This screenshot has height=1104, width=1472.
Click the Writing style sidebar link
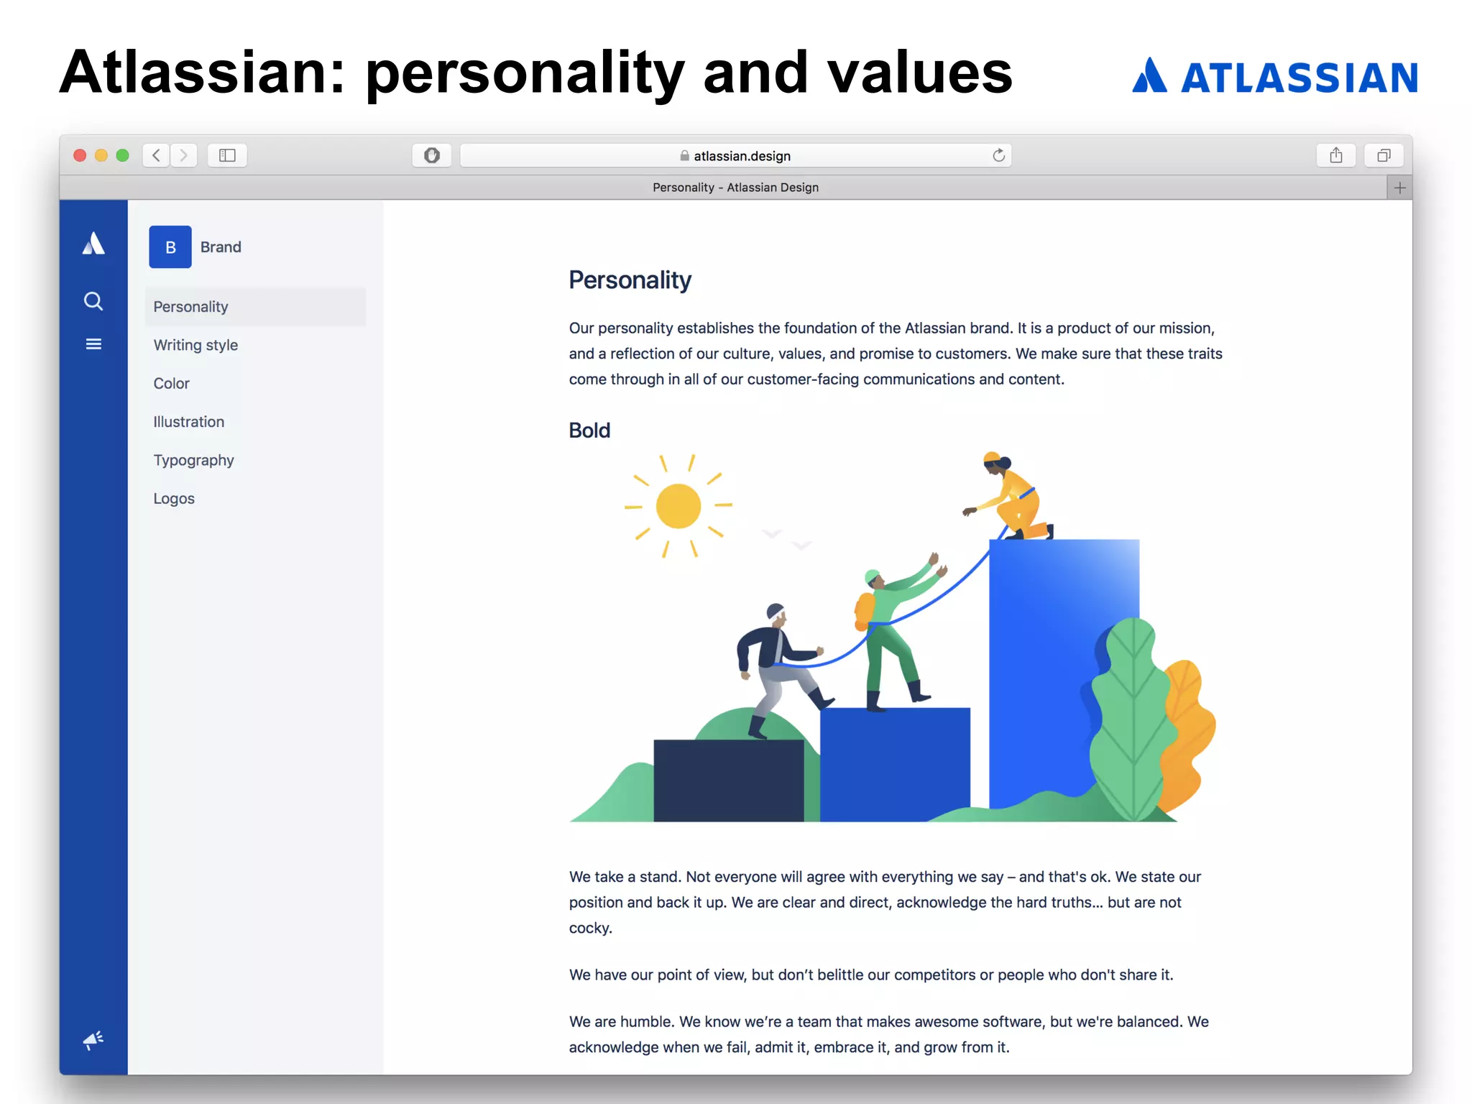[195, 345]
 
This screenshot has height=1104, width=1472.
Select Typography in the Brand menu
[193, 460]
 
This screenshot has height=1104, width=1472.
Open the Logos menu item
[174, 499]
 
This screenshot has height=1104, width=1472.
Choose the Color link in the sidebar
[171, 384]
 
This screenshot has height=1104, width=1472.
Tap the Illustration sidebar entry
[188, 422]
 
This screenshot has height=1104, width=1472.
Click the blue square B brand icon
[170, 247]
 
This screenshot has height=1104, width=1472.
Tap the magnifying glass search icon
[93, 301]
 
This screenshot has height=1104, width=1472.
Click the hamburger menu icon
[93, 344]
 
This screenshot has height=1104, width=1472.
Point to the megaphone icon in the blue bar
[93, 1040]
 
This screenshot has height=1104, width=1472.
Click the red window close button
[80, 155]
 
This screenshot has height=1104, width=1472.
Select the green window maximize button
[123, 155]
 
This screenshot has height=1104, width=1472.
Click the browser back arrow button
[156, 155]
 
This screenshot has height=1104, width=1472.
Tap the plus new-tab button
[1399, 188]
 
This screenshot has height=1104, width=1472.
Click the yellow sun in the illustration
[678, 506]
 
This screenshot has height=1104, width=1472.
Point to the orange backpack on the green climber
[864, 611]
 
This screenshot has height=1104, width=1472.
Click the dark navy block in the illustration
[728, 781]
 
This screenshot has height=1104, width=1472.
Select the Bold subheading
[589, 431]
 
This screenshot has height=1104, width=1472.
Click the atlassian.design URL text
[742, 156]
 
